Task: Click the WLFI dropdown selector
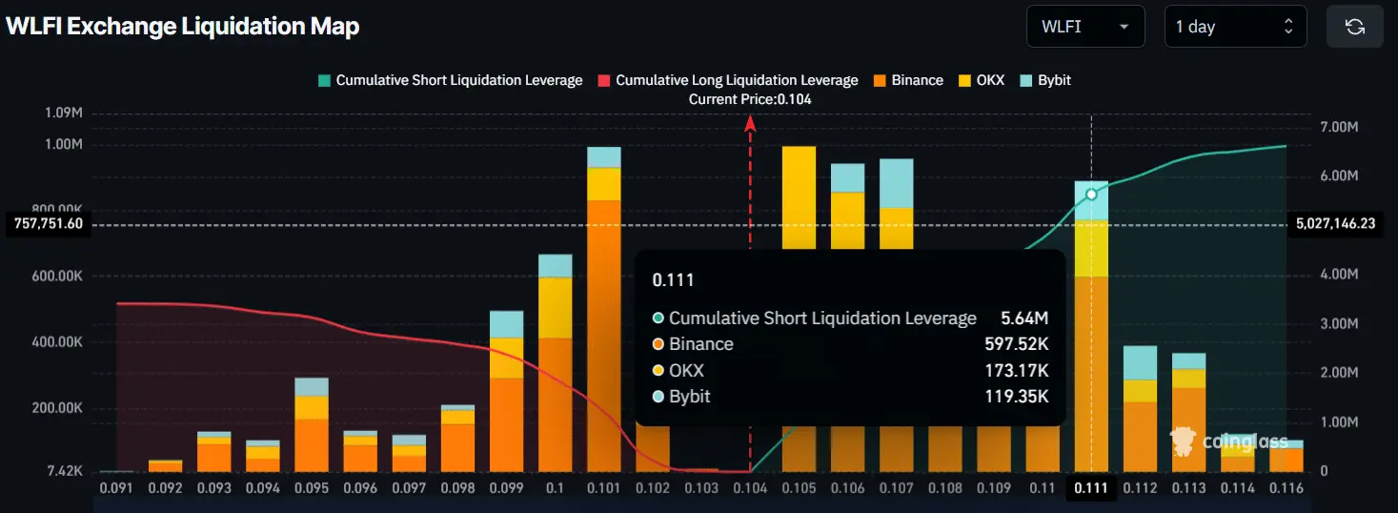click(x=1084, y=27)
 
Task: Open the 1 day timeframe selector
click(x=1235, y=27)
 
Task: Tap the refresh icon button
click(x=1354, y=27)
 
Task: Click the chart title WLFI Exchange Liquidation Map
click(x=183, y=27)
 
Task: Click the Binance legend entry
click(x=907, y=80)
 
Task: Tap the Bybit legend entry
click(x=1045, y=80)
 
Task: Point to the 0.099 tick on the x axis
click(x=506, y=487)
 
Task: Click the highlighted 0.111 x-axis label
click(x=1091, y=487)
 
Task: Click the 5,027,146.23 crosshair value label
click(x=1335, y=224)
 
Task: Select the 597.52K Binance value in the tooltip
click(x=1016, y=344)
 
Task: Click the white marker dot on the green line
click(x=1091, y=194)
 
